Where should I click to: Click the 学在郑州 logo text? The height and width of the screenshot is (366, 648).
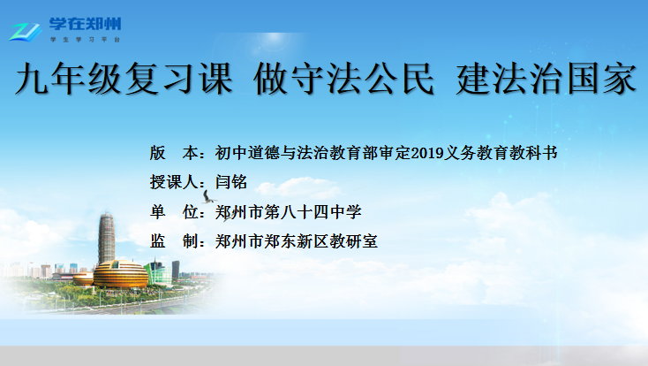(85, 24)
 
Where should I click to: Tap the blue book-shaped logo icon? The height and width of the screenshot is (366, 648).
(26, 32)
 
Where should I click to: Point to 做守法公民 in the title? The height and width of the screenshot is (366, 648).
(343, 79)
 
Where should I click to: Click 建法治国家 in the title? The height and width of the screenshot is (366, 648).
(546, 79)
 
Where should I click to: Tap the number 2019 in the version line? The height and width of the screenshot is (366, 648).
(427, 153)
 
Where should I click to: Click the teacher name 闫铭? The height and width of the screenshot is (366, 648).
(231, 182)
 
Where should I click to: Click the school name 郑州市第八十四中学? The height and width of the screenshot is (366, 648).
(289, 212)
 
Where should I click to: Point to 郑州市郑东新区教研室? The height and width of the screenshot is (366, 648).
(297, 241)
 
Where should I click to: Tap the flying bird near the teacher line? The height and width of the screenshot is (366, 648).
(207, 197)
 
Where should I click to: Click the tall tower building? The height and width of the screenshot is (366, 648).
(106, 237)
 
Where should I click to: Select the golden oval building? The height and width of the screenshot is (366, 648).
(120, 274)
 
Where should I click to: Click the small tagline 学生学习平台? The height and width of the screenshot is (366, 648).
(85, 39)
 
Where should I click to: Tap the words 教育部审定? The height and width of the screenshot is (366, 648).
(362, 153)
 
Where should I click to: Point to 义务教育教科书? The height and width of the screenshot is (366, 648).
(501, 153)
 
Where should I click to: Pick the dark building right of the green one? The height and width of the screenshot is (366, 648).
(176, 270)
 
